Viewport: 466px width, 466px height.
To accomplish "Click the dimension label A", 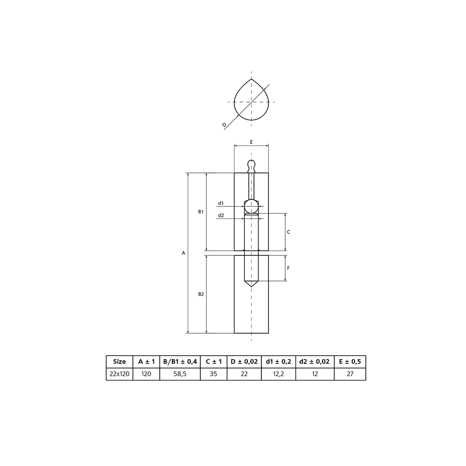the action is pyautogui.click(x=183, y=253).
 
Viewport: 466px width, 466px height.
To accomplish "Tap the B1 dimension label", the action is pyautogui.click(x=201, y=212).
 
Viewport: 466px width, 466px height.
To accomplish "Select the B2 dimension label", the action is pyautogui.click(x=201, y=294).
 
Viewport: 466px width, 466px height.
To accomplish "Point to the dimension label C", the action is pyautogui.click(x=288, y=232).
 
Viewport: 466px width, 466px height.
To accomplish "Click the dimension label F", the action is pyautogui.click(x=288, y=268).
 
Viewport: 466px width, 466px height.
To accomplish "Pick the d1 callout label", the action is pyautogui.click(x=221, y=203).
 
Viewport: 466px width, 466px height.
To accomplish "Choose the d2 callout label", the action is pyautogui.click(x=221, y=215).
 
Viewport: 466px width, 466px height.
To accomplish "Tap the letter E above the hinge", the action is pyautogui.click(x=252, y=142).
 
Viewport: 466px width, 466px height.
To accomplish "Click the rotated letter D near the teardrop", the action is pyautogui.click(x=225, y=125).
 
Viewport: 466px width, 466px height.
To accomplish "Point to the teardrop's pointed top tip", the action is pyautogui.click(x=252, y=79).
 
